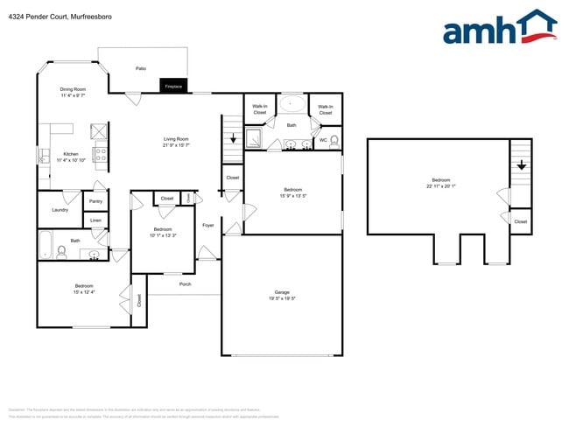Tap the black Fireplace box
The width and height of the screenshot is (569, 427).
pyautogui.click(x=172, y=86)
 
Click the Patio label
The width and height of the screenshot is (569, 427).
pyautogui.click(x=140, y=67)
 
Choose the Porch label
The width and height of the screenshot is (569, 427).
pyautogui.click(x=185, y=283)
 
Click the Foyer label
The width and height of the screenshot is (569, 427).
pyautogui.click(x=208, y=226)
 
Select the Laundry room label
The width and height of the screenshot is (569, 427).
pyautogui.click(x=60, y=210)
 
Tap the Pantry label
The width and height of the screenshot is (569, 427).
pyautogui.click(x=95, y=201)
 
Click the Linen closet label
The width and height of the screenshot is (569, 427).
pyautogui.click(x=95, y=220)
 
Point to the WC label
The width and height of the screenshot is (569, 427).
pyautogui.click(x=323, y=139)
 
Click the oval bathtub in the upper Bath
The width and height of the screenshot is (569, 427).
pyautogui.click(x=292, y=105)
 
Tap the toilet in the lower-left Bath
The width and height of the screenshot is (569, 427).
pyautogui.click(x=61, y=252)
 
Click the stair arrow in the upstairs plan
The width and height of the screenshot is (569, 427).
pyautogui.click(x=521, y=163)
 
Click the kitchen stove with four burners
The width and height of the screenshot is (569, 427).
pyautogui.click(x=101, y=154)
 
